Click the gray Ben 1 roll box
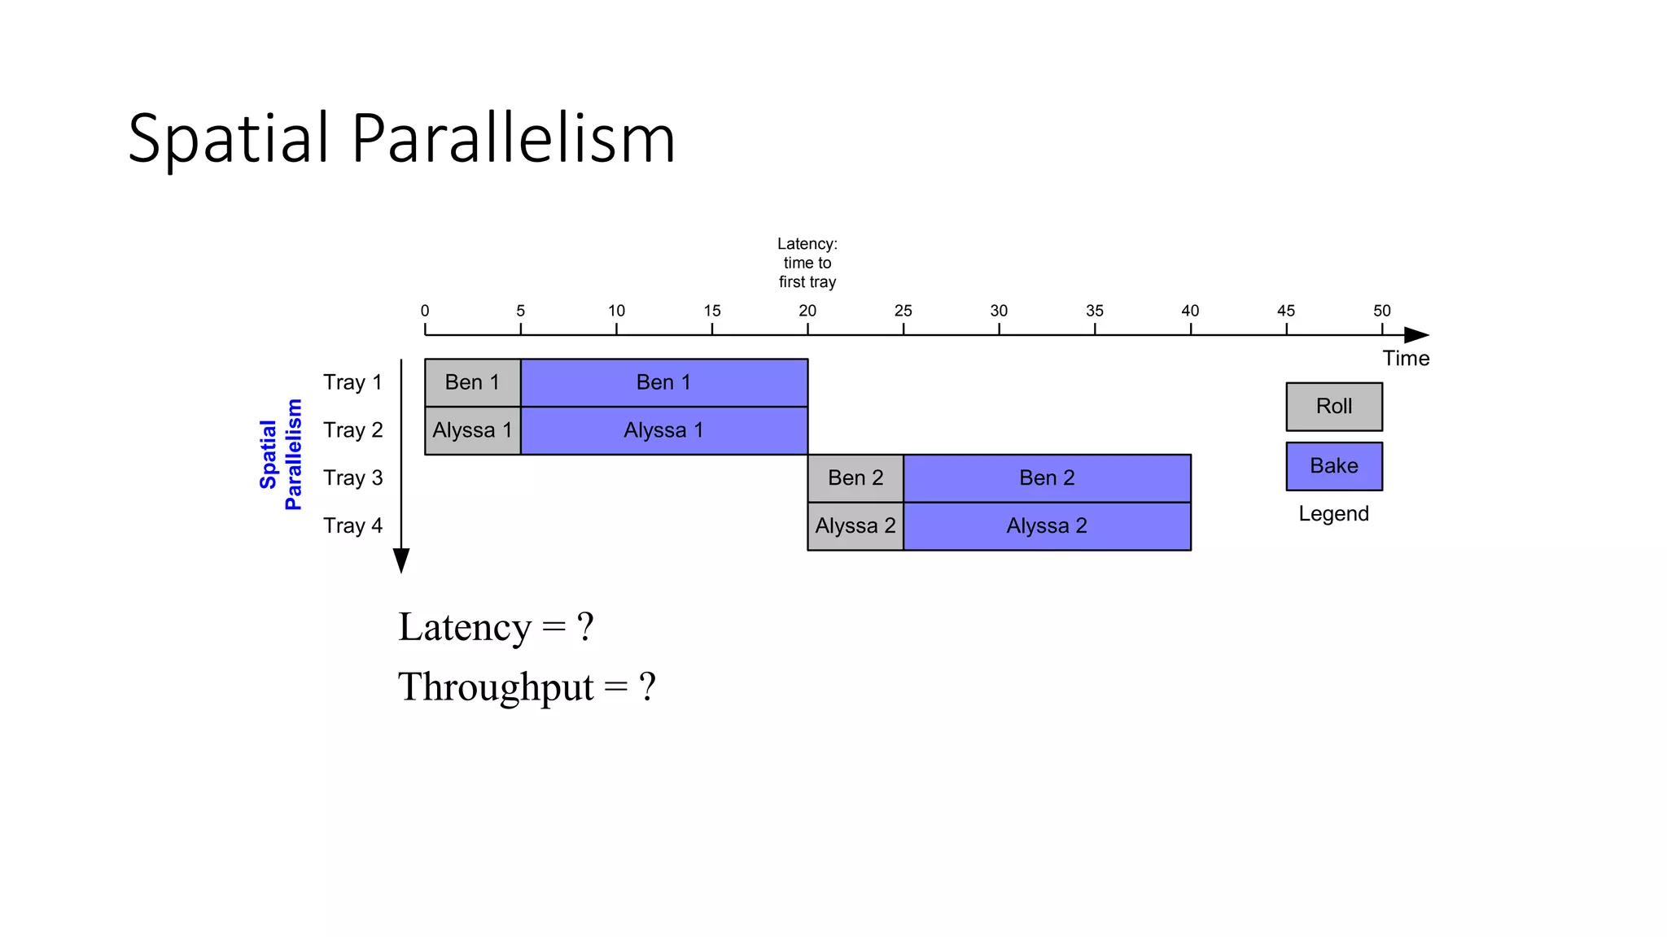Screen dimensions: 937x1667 pos(472,382)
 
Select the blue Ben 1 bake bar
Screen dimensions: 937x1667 pos(663,382)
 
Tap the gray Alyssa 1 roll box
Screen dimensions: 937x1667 pos(472,430)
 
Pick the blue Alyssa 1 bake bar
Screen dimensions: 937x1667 pos(663,430)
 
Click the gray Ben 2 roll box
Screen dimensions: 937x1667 pos(855,478)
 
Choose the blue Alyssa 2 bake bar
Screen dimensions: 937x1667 pos(1047,526)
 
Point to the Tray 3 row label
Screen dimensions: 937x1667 pos(352,478)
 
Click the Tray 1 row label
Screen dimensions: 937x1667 pos(352,382)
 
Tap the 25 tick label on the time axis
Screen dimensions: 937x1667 pos(903,311)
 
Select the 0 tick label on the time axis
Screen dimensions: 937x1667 pos(425,311)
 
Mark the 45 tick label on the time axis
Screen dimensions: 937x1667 pos(1286,311)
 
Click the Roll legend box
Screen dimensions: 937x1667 pos(1333,407)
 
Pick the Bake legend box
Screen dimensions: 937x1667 pos(1333,466)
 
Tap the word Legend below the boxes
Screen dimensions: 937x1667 pos(1333,514)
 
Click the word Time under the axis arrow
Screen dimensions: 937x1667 pos(1406,359)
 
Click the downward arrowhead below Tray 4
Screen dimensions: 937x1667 pos(401,560)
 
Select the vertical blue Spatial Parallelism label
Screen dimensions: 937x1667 pos(281,455)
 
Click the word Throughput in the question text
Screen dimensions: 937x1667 pos(496,687)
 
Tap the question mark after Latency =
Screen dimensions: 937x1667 pos(585,628)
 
